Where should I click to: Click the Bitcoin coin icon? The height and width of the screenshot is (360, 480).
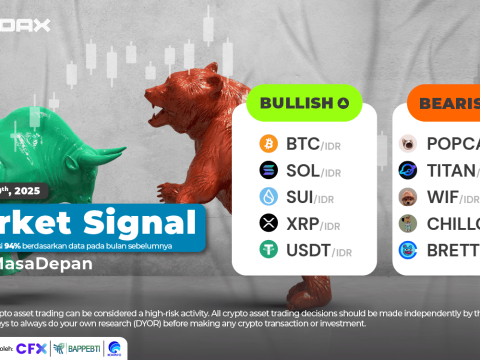point(268,144)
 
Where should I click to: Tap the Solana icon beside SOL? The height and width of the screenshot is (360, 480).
point(268,170)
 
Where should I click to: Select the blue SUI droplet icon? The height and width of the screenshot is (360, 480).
point(268,196)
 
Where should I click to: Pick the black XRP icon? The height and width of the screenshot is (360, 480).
point(268,223)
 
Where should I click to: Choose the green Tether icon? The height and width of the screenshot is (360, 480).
point(268,249)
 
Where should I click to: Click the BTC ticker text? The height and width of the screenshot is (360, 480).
point(302,144)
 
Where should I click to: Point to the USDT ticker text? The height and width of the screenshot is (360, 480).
point(308,249)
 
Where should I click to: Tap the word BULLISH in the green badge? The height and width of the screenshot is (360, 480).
point(296,103)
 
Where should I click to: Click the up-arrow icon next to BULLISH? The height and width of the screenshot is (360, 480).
point(343,103)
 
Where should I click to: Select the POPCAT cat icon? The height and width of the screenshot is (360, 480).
point(407,144)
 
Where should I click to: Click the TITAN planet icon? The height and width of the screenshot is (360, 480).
point(407,170)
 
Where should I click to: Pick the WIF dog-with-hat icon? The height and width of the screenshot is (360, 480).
point(407,197)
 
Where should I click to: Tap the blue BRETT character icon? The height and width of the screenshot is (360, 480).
point(407,249)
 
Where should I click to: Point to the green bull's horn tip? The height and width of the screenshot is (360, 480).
point(125,148)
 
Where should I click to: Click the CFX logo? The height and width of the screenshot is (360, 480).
point(31,348)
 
